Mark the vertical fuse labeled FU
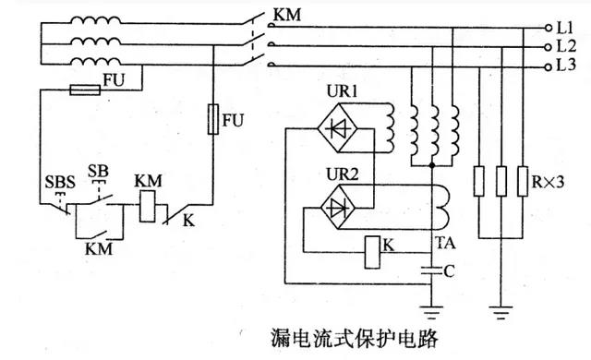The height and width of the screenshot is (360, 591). (x=214, y=121)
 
